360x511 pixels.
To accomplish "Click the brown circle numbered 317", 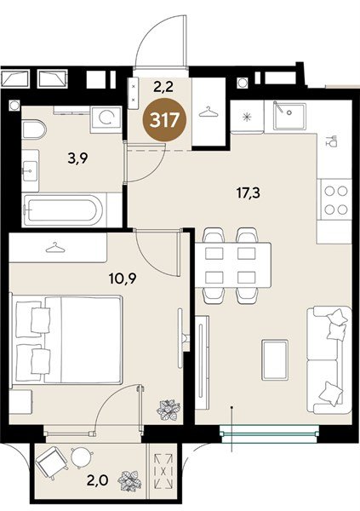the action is [x=164, y=121].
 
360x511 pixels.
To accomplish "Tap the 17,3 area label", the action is [x=249, y=193].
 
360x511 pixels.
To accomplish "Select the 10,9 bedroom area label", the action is [x=123, y=278].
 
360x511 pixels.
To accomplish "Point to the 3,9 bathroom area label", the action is [x=78, y=159].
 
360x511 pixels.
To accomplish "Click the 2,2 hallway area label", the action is [x=163, y=87].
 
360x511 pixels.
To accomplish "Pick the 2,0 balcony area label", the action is [x=98, y=480].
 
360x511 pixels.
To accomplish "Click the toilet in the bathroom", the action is [x=34, y=129].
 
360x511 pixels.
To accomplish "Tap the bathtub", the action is [x=63, y=210].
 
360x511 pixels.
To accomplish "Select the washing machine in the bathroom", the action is [x=106, y=119].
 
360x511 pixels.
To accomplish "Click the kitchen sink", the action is [x=289, y=116].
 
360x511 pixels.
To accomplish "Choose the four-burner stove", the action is [x=335, y=199].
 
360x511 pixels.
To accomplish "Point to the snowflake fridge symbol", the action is [x=248, y=117].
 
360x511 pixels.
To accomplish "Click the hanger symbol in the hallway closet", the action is [x=209, y=112].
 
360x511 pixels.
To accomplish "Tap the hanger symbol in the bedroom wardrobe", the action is [x=55, y=248].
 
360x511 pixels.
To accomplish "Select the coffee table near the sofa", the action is [x=275, y=359].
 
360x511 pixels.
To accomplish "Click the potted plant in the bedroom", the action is [x=169, y=410].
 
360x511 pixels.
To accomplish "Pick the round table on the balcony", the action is [x=82, y=457].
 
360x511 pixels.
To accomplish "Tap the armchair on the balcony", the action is [x=51, y=462].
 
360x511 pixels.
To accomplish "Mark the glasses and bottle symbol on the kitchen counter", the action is [x=332, y=141].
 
